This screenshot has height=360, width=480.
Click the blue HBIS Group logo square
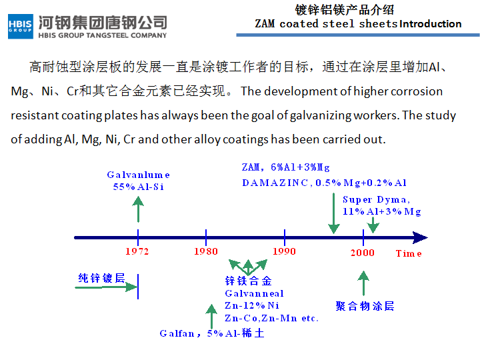click(21, 26)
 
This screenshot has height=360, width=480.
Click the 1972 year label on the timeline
click(137, 251)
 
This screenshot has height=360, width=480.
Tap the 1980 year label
click(206, 251)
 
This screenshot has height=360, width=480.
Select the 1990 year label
click(285, 251)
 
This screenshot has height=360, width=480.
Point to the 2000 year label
click(363, 253)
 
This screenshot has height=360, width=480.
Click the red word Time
click(409, 253)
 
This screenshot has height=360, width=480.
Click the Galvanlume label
click(138, 175)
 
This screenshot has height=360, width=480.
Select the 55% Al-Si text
click(139, 187)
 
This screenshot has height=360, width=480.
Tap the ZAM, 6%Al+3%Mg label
click(285, 167)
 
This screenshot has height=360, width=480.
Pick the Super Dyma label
click(376, 199)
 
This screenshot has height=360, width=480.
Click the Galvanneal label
click(254, 293)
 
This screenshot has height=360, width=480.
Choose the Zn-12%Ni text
click(252, 305)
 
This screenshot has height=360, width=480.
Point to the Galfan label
click(177, 333)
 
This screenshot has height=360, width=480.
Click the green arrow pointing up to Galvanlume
click(138, 209)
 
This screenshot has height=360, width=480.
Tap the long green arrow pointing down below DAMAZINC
click(334, 214)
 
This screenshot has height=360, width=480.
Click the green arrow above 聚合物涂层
click(363, 283)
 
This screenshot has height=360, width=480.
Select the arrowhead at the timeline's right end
click(420, 237)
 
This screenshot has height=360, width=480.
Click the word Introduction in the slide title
click(431, 24)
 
